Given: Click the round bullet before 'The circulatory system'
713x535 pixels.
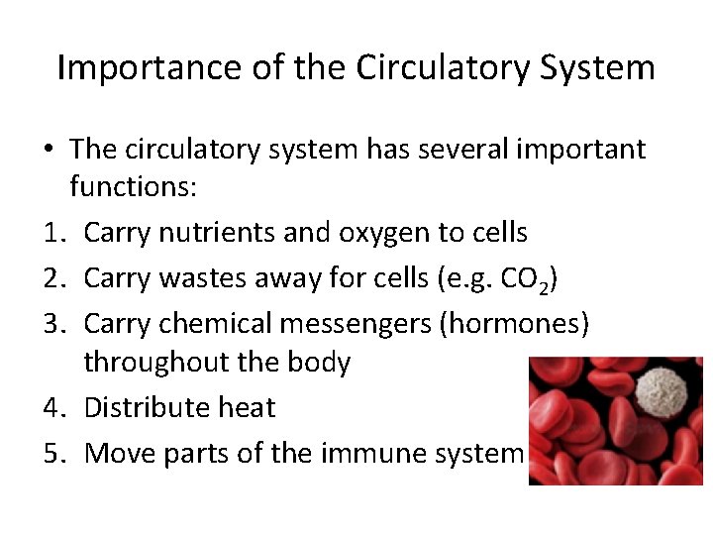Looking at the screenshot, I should point(49,151).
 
